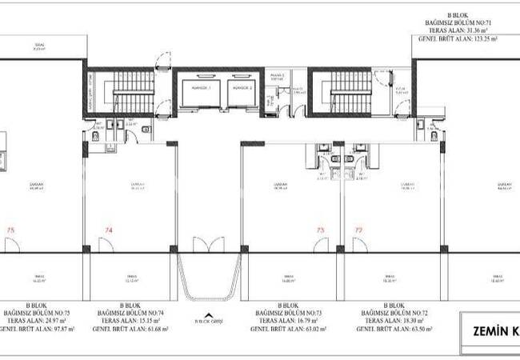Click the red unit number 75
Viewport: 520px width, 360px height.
tap(10, 230)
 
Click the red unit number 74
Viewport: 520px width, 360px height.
tap(108, 230)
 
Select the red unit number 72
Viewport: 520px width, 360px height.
tap(358, 230)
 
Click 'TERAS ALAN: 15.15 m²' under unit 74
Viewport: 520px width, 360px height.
tap(133, 321)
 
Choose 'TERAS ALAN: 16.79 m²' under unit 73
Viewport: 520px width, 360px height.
tap(285, 321)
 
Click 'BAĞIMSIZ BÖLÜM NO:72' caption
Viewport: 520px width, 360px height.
tap(392, 313)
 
